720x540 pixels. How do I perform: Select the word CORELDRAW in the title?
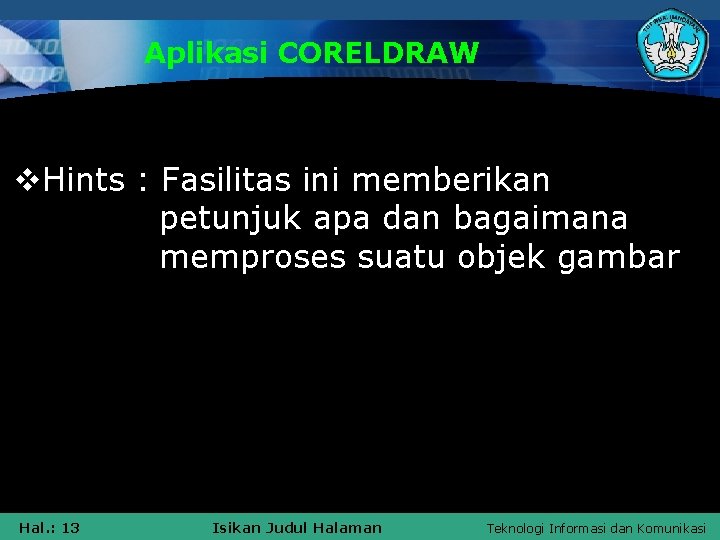(x=379, y=53)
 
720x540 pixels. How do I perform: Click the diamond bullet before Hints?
(x=29, y=181)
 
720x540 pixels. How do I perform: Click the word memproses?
(x=253, y=257)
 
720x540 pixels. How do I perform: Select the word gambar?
(x=619, y=257)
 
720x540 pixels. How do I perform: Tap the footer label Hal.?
(x=36, y=527)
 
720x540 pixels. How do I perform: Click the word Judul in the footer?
(x=283, y=527)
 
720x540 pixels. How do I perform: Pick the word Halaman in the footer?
(x=347, y=527)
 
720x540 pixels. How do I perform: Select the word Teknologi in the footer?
(x=516, y=527)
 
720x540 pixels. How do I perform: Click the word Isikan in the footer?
(x=235, y=527)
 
